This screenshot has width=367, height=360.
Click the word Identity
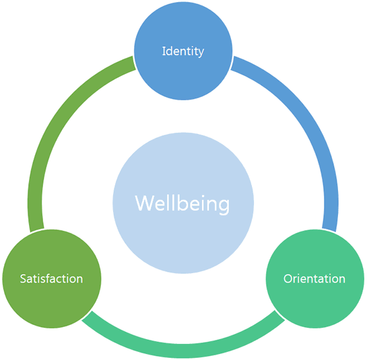tap(183, 51)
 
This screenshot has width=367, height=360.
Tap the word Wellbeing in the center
tap(182, 204)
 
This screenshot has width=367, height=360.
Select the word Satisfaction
tap(51, 279)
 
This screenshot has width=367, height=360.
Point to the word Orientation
tap(314, 279)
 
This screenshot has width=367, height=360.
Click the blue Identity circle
tap(183, 51)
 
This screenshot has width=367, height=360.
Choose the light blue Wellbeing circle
tap(183, 203)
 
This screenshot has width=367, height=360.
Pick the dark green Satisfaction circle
tap(52, 279)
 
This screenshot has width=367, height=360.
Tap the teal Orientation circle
tap(315, 279)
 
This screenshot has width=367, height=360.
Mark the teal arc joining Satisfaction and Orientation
tap(183, 351)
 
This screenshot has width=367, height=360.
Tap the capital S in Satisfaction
tap(23, 279)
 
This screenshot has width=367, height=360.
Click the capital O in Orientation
tap(288, 279)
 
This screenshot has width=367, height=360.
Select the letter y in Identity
tap(201, 53)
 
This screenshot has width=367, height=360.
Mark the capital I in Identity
tap(164, 51)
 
